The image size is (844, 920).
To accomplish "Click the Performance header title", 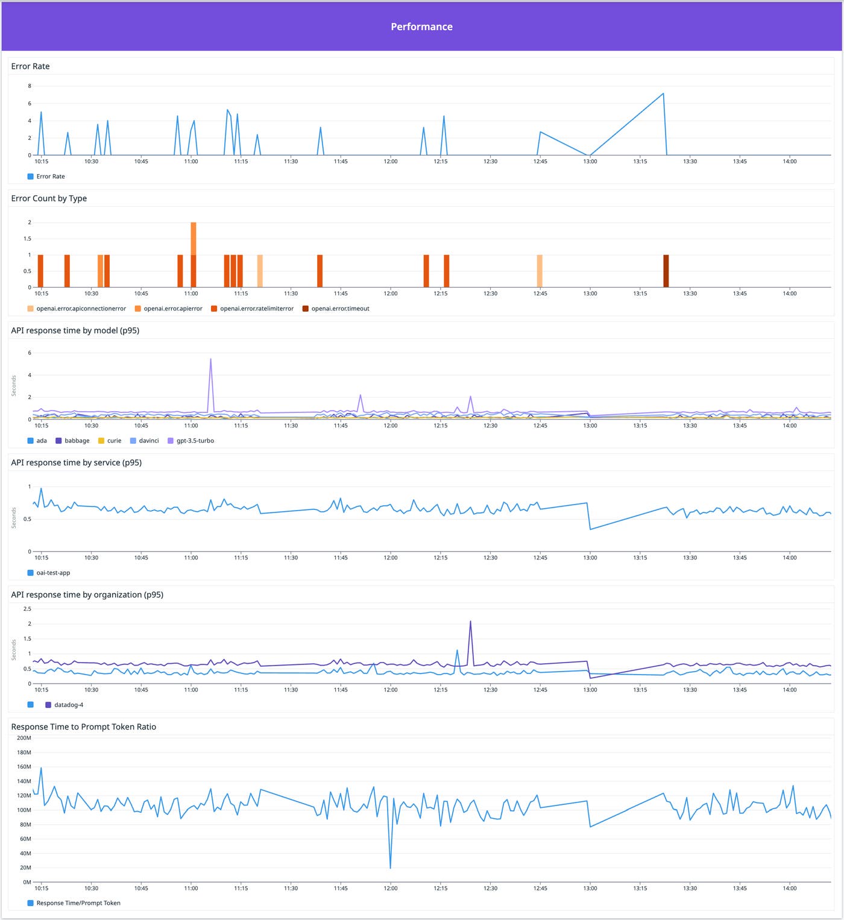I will [421, 27].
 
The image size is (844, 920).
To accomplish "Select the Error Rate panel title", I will [30, 66].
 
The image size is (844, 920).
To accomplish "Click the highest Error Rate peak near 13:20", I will [663, 94].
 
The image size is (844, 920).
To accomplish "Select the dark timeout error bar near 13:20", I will [666, 271].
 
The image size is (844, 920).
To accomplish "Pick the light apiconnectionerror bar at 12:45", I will [540, 271].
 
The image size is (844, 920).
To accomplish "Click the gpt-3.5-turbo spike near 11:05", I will [210, 360].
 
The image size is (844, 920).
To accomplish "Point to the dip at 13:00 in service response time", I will [590, 529].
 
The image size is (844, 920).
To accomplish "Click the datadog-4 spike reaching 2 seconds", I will [470, 622].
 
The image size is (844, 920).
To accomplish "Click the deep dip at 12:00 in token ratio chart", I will [391, 867].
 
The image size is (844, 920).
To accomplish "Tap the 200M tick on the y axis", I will [24, 738].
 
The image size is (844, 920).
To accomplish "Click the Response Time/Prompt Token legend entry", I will [78, 903].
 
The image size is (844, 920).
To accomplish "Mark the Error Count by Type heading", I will [49, 198].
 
